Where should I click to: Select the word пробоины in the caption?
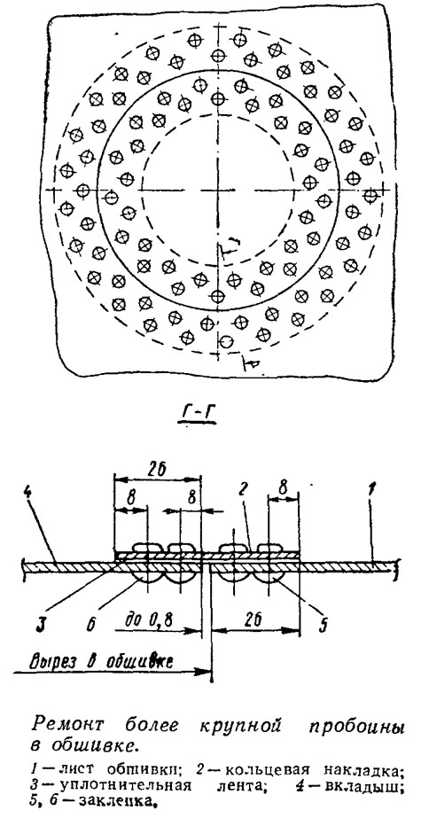361,727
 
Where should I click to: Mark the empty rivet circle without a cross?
225,342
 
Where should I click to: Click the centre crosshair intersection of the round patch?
219,190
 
